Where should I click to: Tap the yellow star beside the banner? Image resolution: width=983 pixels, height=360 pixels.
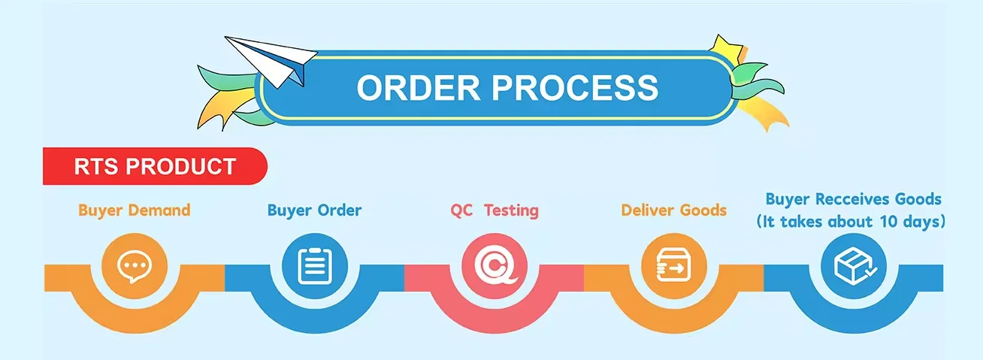tap(727, 50)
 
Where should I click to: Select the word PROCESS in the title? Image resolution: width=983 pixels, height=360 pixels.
tap(577, 87)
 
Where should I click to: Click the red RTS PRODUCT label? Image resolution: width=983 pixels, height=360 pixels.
tap(155, 166)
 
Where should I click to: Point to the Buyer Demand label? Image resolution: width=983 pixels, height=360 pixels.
tap(135, 210)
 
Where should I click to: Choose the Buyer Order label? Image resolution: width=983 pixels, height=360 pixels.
tap(314, 210)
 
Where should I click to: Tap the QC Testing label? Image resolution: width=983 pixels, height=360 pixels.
tap(495, 210)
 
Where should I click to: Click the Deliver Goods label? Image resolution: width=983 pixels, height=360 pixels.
tap(674, 210)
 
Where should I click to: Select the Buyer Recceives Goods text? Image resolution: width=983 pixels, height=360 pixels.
tap(853, 199)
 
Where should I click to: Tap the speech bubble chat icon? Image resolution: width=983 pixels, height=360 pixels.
tap(135, 265)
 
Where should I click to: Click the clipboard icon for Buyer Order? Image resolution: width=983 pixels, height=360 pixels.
tap(314, 265)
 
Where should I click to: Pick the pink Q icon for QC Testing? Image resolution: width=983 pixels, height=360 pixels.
tap(495, 265)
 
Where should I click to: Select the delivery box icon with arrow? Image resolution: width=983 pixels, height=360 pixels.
tap(674, 265)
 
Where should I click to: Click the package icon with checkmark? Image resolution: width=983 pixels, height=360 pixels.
tap(853, 265)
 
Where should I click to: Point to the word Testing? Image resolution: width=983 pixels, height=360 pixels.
tap(511, 210)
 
